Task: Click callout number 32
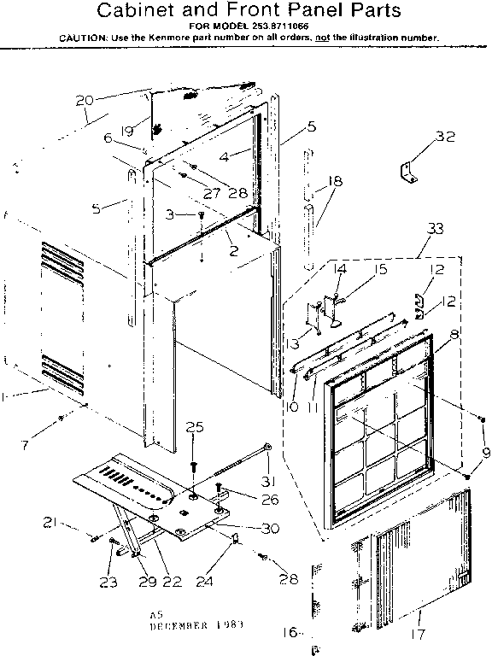444,137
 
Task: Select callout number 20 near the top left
85,100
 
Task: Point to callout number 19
127,132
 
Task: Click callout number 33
435,228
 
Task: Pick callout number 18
334,182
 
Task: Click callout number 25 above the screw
195,427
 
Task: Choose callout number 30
270,529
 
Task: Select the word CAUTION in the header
84,38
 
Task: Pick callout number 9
486,453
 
